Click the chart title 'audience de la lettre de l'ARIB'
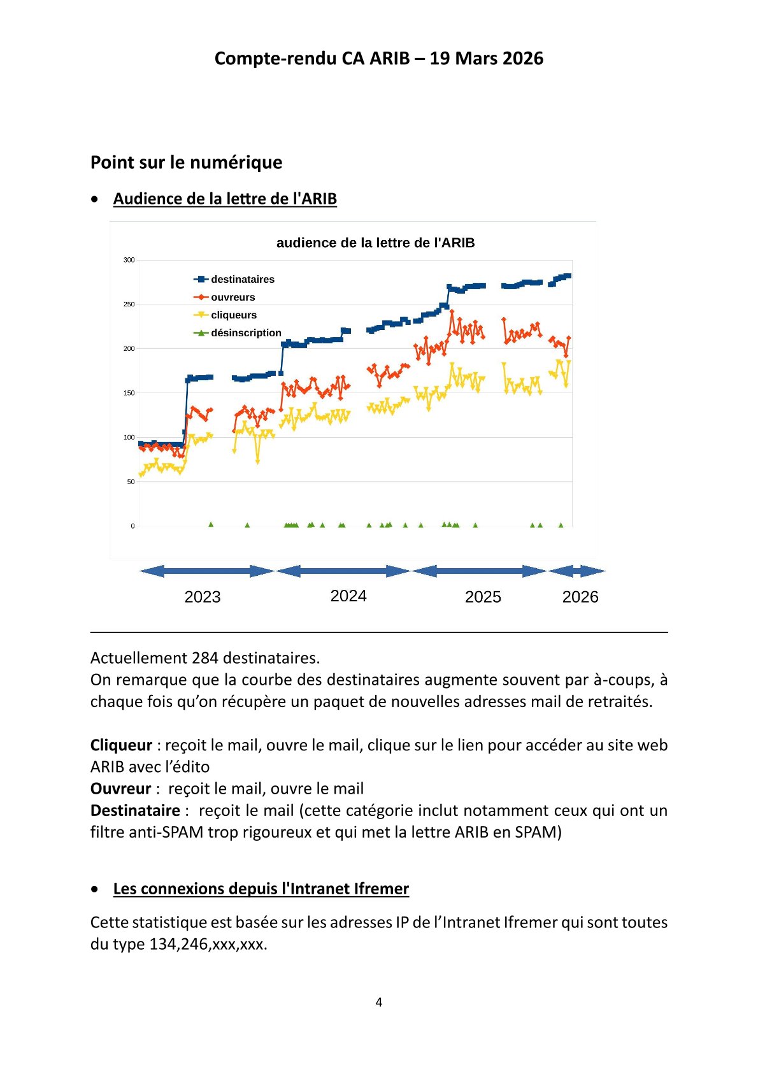pyautogui.click(x=375, y=243)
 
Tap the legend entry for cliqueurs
pyautogui.click(x=225, y=315)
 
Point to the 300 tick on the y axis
pyautogui.click(x=129, y=260)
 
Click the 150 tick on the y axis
pyautogui.click(x=129, y=393)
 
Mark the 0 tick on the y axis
pyautogui.click(x=132, y=526)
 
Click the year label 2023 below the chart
pyautogui.click(x=203, y=597)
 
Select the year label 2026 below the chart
pyautogui.click(x=580, y=597)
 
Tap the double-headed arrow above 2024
pyautogui.click(x=343, y=571)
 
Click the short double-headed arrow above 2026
pyautogui.click(x=576, y=571)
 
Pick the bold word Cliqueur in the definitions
pyautogui.click(x=121, y=745)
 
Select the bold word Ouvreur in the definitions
pyautogui.click(x=120, y=789)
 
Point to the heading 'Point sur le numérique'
pyautogui.click(x=186, y=162)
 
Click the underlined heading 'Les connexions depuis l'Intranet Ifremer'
pyautogui.click(x=261, y=889)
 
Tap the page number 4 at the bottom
pyautogui.click(x=379, y=1003)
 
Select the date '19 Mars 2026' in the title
pyautogui.click(x=486, y=59)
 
